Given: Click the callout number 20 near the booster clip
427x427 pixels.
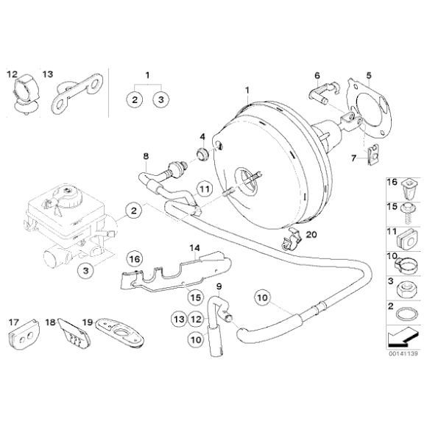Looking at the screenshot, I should (x=311, y=235).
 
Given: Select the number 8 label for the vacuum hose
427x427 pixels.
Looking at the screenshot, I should (x=146, y=155).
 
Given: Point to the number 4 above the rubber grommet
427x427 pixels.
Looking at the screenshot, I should (x=202, y=137).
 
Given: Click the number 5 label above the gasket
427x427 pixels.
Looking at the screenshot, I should (x=370, y=74).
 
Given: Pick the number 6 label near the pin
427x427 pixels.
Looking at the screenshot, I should (x=317, y=74).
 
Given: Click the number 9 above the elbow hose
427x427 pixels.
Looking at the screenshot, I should (x=218, y=285).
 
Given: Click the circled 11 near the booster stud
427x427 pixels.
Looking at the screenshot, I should (x=205, y=188).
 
